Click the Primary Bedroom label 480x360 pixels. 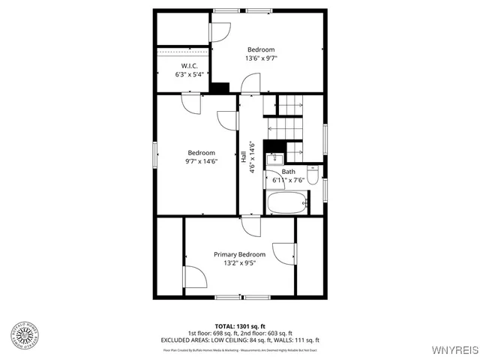click(x=239, y=254)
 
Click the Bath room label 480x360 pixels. click(x=289, y=172)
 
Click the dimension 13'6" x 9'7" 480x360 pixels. click(x=260, y=58)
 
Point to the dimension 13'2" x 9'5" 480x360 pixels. click(x=239, y=263)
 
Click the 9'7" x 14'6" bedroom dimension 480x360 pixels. click(x=201, y=160)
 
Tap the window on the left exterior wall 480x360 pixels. click(x=155, y=154)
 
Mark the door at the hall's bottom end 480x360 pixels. click(x=250, y=223)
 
